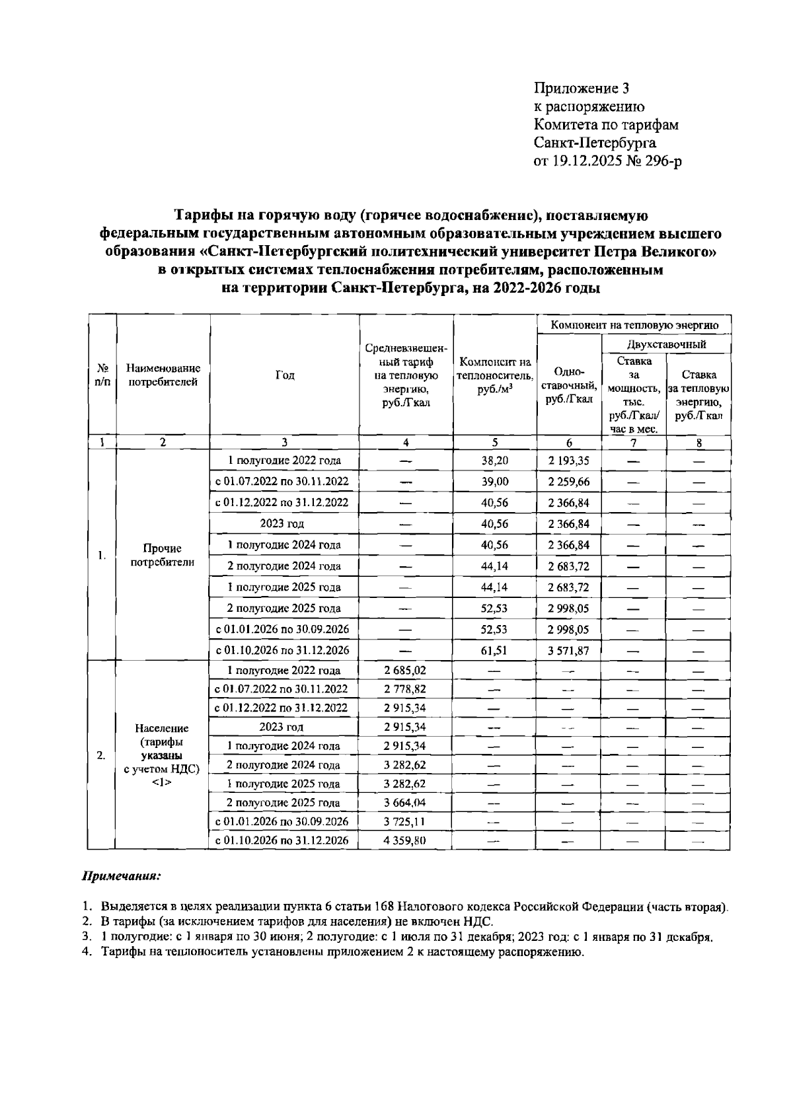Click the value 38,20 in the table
coord(494,461)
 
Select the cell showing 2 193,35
coord(568,461)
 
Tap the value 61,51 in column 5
coord(494,650)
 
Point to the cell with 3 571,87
coord(568,650)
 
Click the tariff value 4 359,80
coord(405,840)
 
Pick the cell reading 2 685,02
coord(405,670)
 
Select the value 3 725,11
coord(405,821)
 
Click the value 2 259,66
coord(568,482)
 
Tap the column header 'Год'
coord(284,375)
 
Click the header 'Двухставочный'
coord(665,344)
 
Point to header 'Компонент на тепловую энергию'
coord(634,325)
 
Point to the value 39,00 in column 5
coord(494,482)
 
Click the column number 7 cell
coord(633,443)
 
